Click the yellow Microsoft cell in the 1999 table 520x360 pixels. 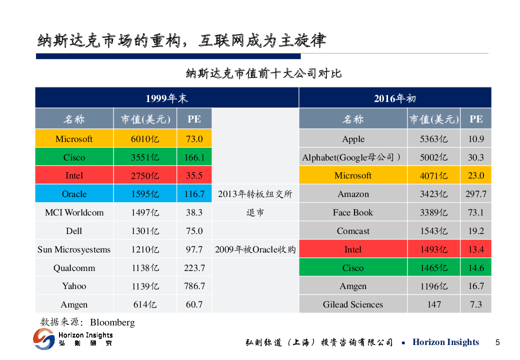pyautogui.click(x=74, y=139)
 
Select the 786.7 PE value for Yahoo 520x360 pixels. pyautogui.click(x=194, y=286)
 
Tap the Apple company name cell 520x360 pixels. pyautogui.click(x=353, y=139)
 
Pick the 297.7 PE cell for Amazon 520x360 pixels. pyautogui.click(x=475, y=194)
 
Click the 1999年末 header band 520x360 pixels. pyautogui.click(x=166, y=98)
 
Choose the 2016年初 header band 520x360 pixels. pyautogui.click(x=394, y=98)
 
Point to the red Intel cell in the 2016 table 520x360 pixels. pyautogui.click(x=353, y=249)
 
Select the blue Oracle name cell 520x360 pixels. pyautogui.click(x=74, y=194)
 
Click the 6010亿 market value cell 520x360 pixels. pyautogui.click(x=145, y=139)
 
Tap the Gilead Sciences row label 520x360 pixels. pyautogui.click(x=353, y=304)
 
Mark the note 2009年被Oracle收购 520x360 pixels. pyautogui.click(x=255, y=249)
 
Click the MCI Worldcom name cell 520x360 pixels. pyautogui.click(x=74, y=212)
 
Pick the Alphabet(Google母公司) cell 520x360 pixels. pyautogui.click(x=353, y=157)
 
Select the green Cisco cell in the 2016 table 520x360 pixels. pyautogui.click(x=353, y=268)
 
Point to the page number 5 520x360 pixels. pyautogui.click(x=497, y=342)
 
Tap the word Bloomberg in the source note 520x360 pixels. pyautogui.click(x=112, y=322)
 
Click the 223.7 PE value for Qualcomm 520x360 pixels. pyautogui.click(x=194, y=268)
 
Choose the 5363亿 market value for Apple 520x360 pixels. pyautogui.click(x=433, y=139)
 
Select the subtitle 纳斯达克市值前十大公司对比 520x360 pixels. pyautogui.click(x=263, y=73)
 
